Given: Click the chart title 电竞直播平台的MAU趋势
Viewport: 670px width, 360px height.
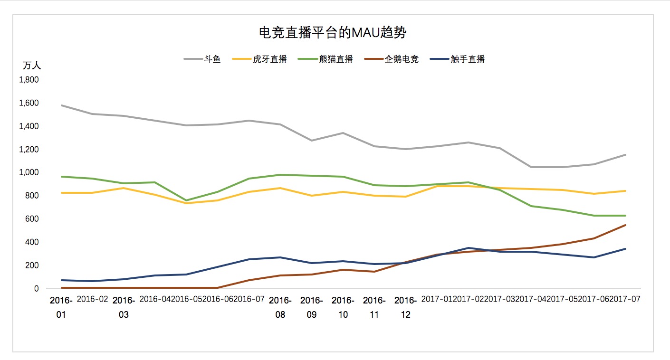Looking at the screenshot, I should [x=333, y=33].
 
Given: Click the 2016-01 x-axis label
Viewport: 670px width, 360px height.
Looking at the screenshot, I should [x=61, y=307].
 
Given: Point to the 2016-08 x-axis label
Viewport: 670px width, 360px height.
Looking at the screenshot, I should [x=280, y=307].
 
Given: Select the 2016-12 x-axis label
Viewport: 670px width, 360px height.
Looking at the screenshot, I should [x=405, y=307].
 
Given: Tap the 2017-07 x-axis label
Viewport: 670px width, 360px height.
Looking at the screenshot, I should [x=625, y=300].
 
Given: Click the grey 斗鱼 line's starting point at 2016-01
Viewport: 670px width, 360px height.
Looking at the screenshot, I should [x=62, y=105].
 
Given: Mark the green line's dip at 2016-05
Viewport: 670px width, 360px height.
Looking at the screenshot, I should [x=186, y=200].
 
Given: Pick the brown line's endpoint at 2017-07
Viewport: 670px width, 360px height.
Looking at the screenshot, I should [x=625, y=225].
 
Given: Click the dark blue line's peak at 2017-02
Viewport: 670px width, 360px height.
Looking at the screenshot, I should [x=469, y=248].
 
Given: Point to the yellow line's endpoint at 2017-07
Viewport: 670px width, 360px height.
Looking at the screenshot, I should [x=625, y=191].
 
